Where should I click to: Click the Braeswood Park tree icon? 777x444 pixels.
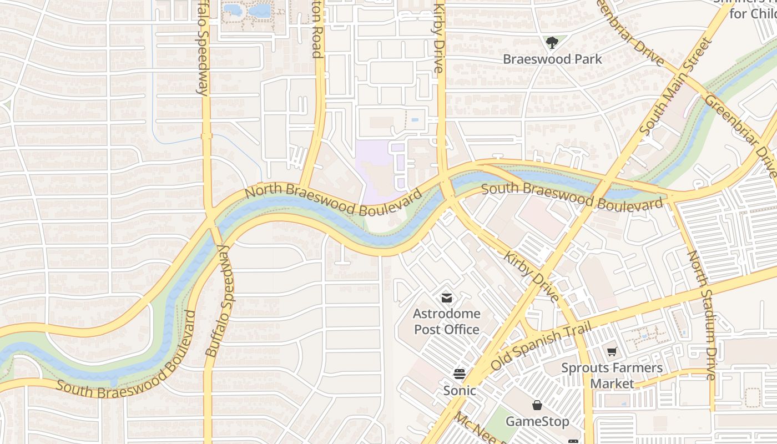coord(552,43)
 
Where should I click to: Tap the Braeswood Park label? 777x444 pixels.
coord(552,59)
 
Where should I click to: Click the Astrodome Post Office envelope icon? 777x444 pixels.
coord(446,298)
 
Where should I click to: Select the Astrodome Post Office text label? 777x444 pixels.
coord(446,321)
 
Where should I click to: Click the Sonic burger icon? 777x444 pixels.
coord(459,374)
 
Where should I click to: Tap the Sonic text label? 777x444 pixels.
coord(459,391)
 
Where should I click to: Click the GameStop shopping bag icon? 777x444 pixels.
coord(537,405)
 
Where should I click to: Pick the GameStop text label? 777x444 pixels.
coord(537,422)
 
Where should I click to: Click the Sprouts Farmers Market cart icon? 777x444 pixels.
coord(612,351)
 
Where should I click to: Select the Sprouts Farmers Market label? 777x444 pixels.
coord(612,375)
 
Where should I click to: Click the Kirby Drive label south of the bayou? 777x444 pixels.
coord(532,277)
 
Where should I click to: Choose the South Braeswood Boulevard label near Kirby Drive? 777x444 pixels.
coord(572,196)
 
